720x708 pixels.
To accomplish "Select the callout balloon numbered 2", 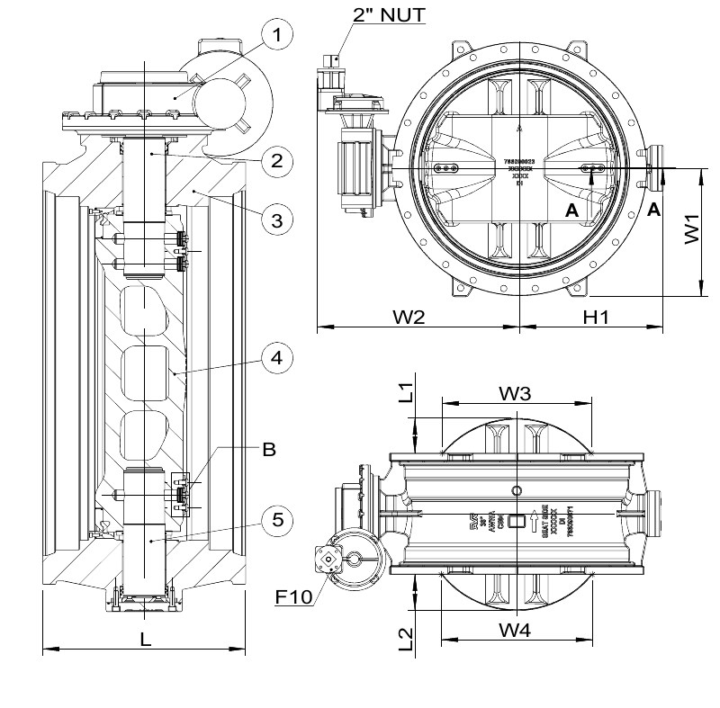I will click(x=279, y=161).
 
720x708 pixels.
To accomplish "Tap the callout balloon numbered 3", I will click(x=279, y=217).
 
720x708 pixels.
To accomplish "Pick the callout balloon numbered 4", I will click(x=279, y=357).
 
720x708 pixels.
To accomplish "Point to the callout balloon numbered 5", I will click(x=279, y=519).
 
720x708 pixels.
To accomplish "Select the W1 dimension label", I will click(x=690, y=230).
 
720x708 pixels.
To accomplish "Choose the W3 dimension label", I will click(x=517, y=393).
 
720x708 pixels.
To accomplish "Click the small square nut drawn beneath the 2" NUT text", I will click(x=335, y=58).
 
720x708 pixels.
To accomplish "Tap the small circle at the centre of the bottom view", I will click(x=516, y=490).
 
